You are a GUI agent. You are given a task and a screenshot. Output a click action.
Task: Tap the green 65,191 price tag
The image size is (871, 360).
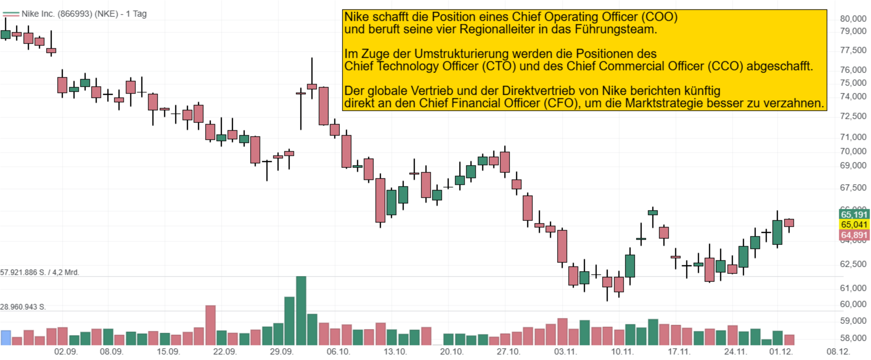click(x=854, y=214)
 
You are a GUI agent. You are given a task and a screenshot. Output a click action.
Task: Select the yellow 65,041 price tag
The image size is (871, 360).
click(x=854, y=224)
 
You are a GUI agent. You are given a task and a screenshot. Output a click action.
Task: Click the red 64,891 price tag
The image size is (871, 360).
click(x=854, y=235)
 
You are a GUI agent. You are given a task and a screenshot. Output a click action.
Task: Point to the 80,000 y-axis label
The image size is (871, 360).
click(x=853, y=18)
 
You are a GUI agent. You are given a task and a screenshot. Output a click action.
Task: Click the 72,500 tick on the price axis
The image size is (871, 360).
click(x=853, y=116)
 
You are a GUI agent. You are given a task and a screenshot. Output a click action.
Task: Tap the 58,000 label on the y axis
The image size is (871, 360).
click(x=853, y=338)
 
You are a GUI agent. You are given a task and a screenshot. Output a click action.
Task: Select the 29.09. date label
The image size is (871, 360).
click(x=281, y=352)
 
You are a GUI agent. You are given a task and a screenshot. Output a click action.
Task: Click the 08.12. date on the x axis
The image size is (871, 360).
click(x=838, y=352)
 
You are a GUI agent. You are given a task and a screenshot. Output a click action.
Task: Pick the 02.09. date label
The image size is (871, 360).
click(x=66, y=352)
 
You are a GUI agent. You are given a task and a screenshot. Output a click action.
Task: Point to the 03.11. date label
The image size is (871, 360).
click(x=565, y=352)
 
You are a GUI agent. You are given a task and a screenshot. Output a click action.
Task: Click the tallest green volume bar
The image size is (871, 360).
click(x=301, y=310)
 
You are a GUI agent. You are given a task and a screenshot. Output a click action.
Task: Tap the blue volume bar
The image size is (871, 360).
click(x=6, y=337)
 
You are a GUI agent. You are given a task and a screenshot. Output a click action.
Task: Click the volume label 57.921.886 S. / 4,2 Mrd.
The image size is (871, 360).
click(x=39, y=272)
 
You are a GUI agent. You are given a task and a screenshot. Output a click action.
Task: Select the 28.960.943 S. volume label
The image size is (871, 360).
click(x=23, y=307)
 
